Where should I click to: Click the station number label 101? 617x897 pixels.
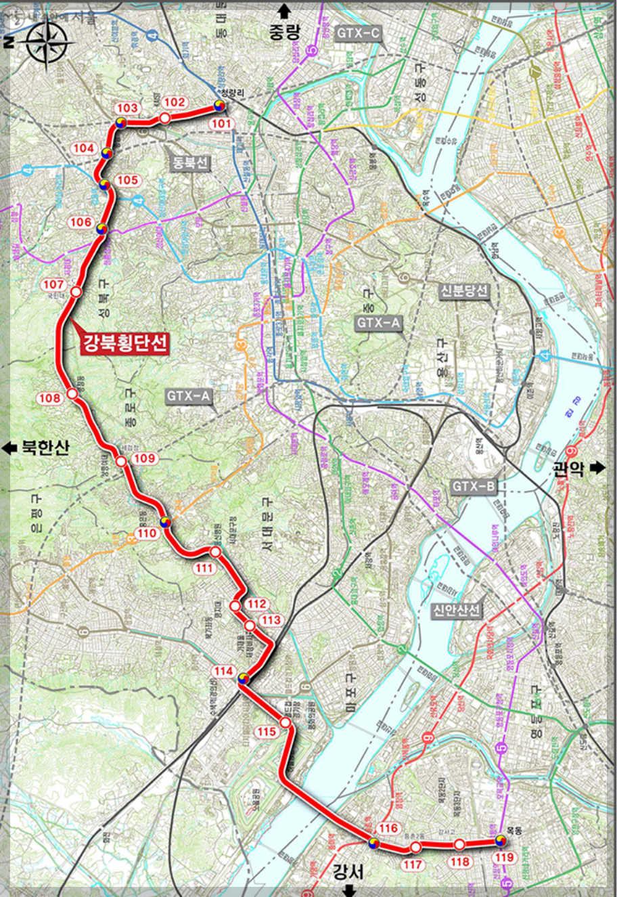[x=221, y=124]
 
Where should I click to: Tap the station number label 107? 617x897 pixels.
[x=53, y=285]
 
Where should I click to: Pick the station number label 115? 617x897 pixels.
[x=267, y=732]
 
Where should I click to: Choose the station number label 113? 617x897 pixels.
[x=271, y=620]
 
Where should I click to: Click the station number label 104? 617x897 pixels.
[x=84, y=148]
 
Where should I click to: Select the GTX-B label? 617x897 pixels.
[x=474, y=487]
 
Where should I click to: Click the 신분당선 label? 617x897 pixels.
[x=463, y=291]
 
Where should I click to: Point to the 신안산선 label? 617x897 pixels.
[x=457, y=611]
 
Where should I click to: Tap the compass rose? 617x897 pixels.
[x=42, y=40]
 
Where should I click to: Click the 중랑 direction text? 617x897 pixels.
[x=284, y=32]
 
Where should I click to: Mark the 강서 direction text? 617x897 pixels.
[x=349, y=870]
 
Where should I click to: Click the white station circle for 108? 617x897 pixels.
[x=72, y=393]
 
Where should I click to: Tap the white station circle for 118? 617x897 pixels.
[x=459, y=844]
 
